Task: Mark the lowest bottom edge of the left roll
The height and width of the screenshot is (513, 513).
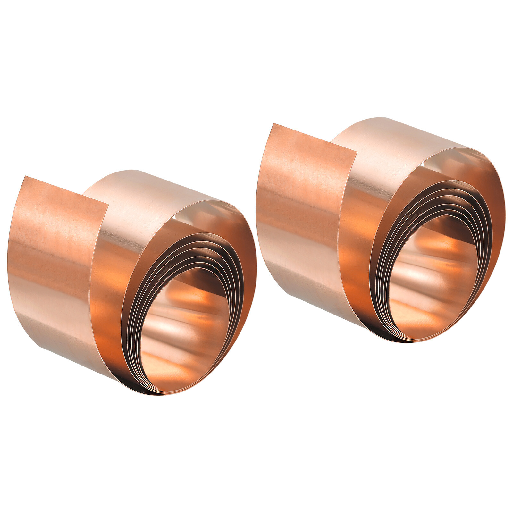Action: click(160, 394)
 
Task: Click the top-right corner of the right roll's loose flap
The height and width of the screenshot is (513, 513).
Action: click(356, 152)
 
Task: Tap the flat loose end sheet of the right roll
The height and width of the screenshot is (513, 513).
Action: click(301, 205)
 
